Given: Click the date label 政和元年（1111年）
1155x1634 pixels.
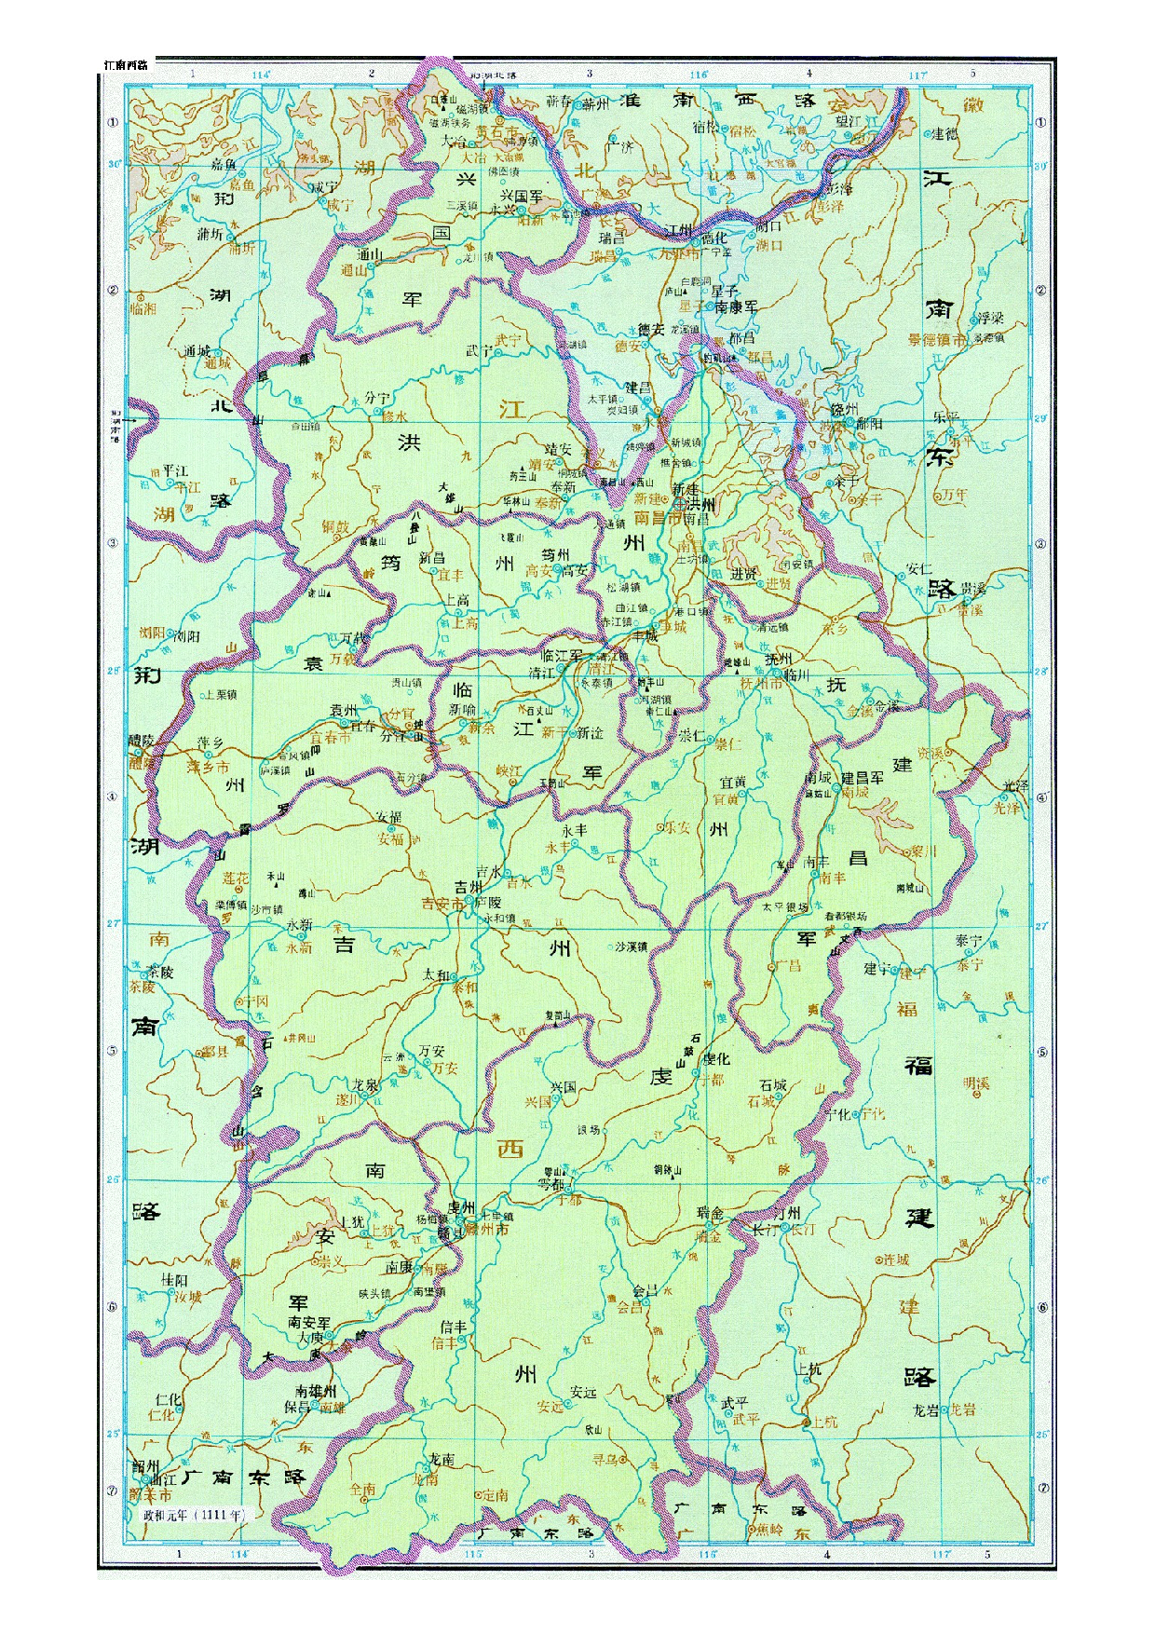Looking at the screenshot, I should (193, 1514).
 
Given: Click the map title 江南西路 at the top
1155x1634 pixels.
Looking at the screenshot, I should (127, 65).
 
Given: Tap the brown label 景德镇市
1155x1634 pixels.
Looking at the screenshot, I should (937, 341).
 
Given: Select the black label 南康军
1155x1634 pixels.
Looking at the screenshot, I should (736, 306).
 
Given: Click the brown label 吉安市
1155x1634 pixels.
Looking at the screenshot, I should (443, 904).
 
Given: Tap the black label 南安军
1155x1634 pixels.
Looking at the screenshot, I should (309, 1321).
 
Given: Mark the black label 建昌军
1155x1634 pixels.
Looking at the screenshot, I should (862, 778).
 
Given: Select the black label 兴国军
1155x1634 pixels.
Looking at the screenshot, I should (522, 197).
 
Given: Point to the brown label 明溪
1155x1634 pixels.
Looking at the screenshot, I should (975, 1083).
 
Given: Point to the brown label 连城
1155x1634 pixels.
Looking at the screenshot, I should (895, 1260).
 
